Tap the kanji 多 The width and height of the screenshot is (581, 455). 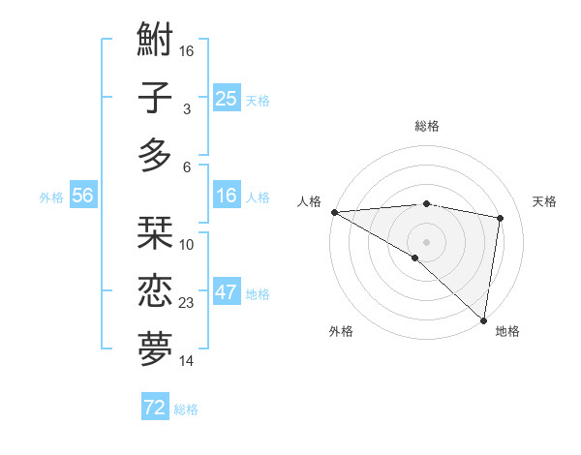(x=156, y=155)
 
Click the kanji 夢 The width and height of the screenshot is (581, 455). (x=156, y=349)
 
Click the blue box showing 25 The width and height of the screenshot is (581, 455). (x=227, y=98)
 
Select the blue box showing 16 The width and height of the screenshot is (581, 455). (x=227, y=196)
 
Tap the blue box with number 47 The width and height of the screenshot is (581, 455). (x=227, y=293)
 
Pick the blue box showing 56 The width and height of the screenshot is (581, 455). (x=83, y=196)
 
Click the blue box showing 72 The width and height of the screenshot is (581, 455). (x=155, y=408)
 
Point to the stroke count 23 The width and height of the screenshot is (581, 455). (x=187, y=303)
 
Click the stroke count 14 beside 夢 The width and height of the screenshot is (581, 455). (x=187, y=361)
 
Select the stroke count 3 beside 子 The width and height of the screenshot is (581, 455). (x=187, y=109)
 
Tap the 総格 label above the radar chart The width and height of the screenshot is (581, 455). (x=427, y=126)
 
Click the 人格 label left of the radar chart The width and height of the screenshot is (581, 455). (x=309, y=201)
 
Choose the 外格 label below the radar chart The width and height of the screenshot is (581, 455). (x=341, y=331)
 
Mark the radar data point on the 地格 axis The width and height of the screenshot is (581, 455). (x=483, y=319)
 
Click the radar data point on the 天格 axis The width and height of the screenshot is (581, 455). (x=501, y=218)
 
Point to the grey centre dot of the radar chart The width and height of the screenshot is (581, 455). (x=426, y=240)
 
